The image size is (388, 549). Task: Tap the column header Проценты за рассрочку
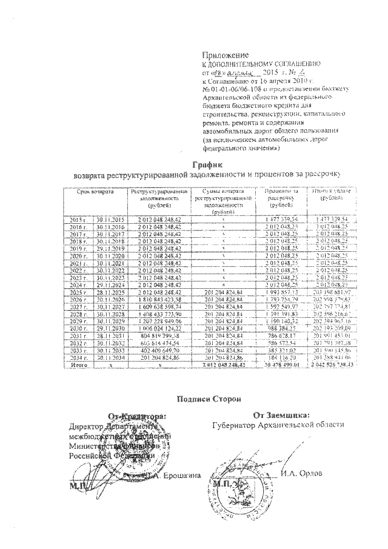click(x=279, y=198)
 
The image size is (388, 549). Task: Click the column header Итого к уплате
click(x=331, y=194)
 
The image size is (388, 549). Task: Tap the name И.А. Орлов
click(x=301, y=474)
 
